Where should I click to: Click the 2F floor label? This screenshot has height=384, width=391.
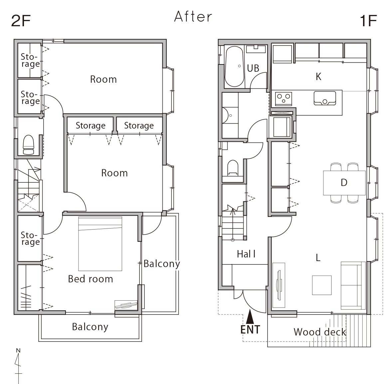click(21, 21)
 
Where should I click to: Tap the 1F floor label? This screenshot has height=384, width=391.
click(368, 21)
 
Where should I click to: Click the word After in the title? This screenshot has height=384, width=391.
click(193, 17)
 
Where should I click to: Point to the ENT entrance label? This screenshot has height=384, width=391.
click(250, 330)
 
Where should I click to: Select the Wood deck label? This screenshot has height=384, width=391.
click(320, 332)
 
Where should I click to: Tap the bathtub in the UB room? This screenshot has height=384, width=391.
click(234, 66)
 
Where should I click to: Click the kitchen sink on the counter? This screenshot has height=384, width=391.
click(325, 98)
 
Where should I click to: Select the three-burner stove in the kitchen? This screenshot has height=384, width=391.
click(284, 98)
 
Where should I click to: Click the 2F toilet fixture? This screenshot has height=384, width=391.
click(28, 145)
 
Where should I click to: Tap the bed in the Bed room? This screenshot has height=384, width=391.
click(100, 243)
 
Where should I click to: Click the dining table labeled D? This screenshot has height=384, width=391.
click(344, 183)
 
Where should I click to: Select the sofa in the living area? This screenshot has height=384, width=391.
click(353, 285)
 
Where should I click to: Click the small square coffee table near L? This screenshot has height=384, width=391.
click(322, 285)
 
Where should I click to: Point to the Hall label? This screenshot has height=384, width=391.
click(246, 254)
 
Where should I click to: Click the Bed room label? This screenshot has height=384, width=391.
click(91, 279)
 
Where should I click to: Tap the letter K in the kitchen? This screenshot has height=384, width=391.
click(318, 77)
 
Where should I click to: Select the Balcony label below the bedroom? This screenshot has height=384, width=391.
click(90, 327)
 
